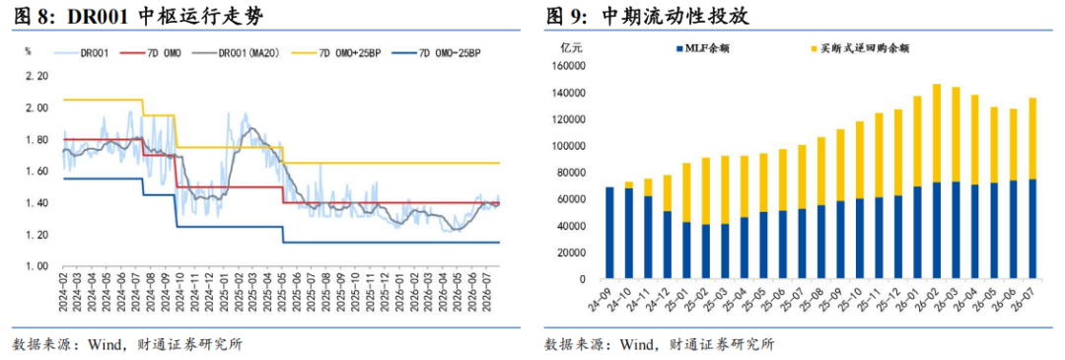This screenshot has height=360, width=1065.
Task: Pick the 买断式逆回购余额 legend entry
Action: [x=856, y=48]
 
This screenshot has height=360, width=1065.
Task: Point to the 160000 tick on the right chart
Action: [x=570, y=66]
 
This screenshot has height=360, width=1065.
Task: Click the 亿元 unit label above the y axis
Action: [x=572, y=47]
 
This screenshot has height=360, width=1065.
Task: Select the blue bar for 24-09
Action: [x=609, y=233]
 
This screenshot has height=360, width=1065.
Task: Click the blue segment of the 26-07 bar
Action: [x=1032, y=229]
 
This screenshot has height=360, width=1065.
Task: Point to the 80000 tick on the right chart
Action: [x=572, y=173]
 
